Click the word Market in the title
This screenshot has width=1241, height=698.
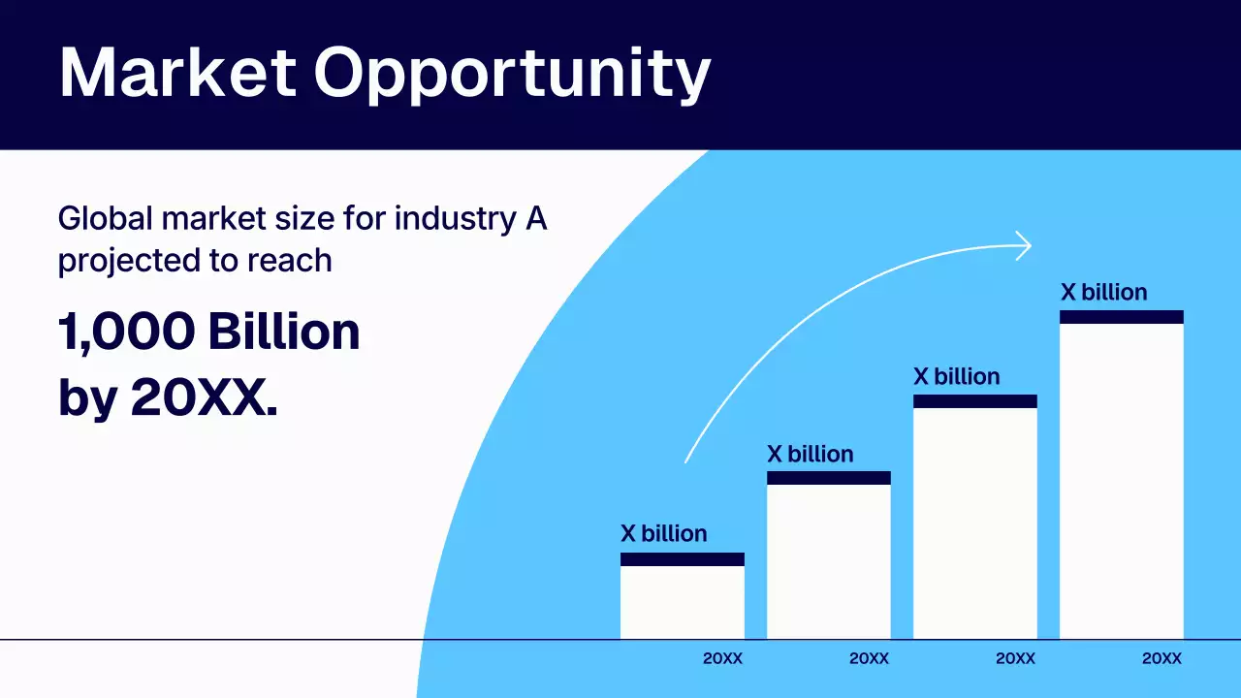click(x=177, y=73)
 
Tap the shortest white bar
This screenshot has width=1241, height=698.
click(x=682, y=602)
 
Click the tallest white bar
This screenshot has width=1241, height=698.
click(x=1121, y=480)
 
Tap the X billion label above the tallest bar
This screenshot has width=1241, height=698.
click(x=1103, y=293)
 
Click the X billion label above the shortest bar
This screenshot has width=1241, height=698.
click(x=664, y=533)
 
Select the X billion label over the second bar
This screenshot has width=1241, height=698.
click(x=811, y=454)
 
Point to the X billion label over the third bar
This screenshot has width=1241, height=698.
click(x=957, y=376)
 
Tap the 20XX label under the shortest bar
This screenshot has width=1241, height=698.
click(x=722, y=658)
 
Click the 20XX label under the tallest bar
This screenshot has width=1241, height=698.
click(x=1161, y=658)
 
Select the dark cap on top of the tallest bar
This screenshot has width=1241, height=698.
click(x=1121, y=317)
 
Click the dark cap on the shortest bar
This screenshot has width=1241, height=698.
click(x=682, y=559)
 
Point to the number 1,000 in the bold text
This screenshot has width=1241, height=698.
click(x=126, y=333)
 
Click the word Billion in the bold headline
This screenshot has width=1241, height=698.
click(x=283, y=333)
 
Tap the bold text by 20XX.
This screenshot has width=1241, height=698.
click(x=167, y=398)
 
